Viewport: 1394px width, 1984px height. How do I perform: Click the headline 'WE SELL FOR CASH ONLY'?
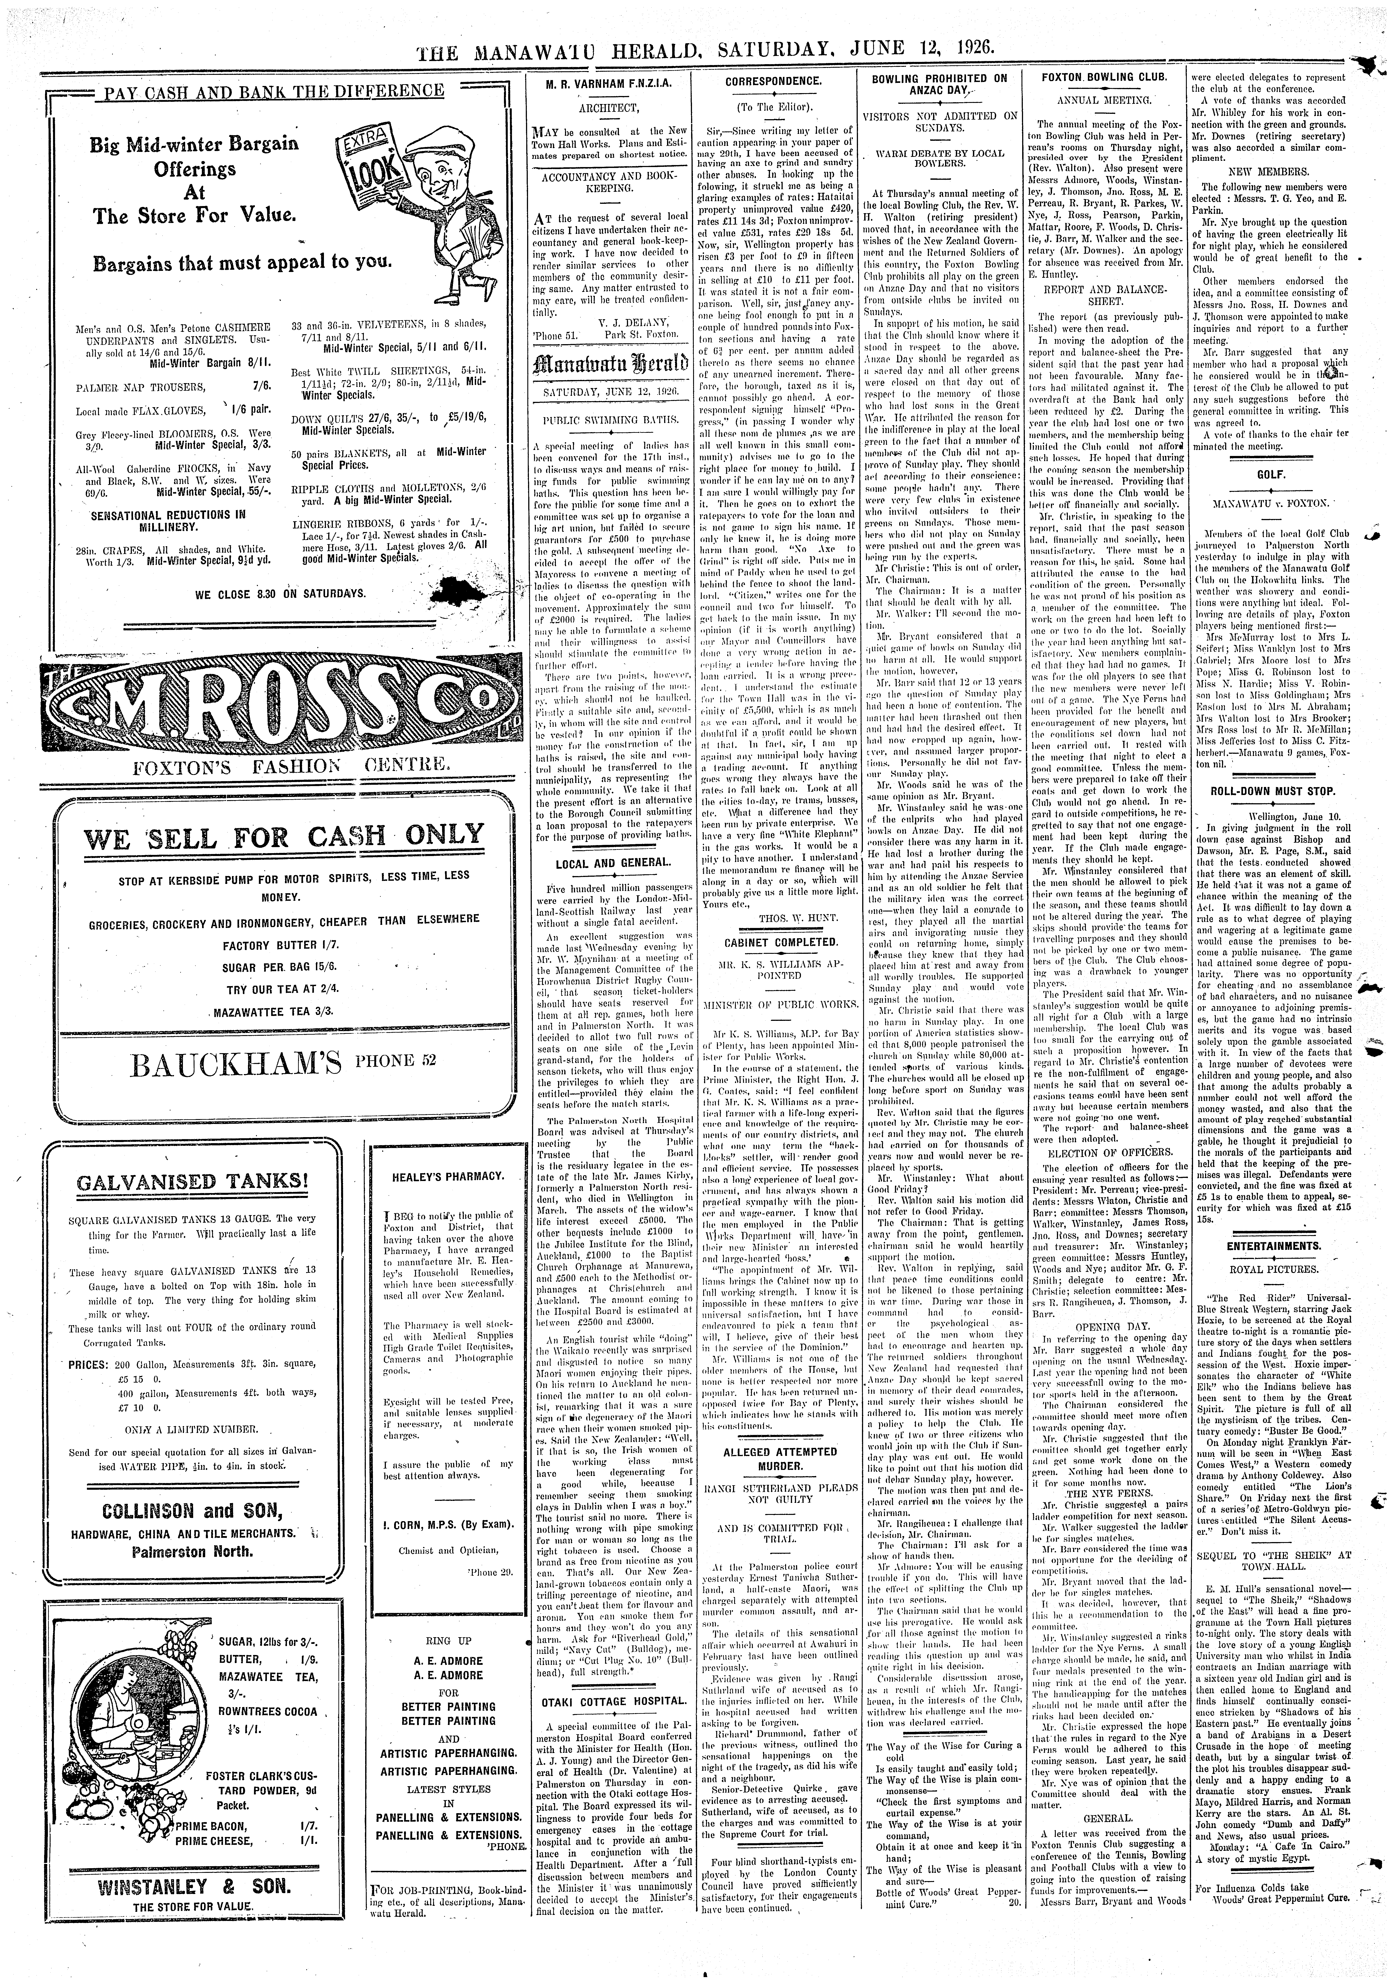(x=285, y=835)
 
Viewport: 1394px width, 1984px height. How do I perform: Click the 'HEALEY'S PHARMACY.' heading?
(x=448, y=1176)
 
